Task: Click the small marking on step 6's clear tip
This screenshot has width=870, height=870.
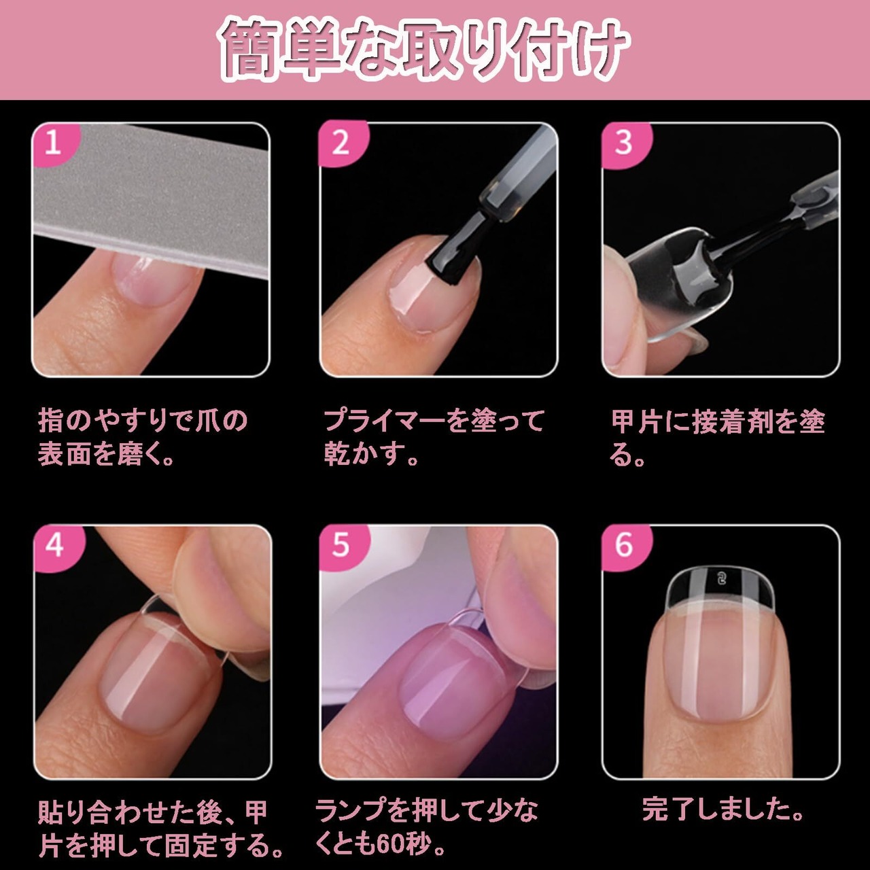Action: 721,579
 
